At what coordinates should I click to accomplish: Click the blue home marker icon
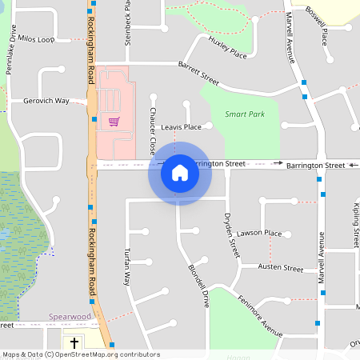click(180, 172)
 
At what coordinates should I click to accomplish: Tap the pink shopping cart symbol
click(114, 122)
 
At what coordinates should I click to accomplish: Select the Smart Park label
click(244, 114)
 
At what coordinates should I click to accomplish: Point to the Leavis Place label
click(181, 126)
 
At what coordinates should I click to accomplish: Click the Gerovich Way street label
click(46, 101)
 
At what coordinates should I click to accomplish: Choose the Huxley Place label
click(227, 48)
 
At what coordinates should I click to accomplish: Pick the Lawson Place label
click(261, 234)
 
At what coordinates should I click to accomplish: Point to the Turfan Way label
click(126, 268)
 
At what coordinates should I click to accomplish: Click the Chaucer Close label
click(152, 132)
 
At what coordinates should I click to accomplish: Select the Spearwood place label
click(69, 317)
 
